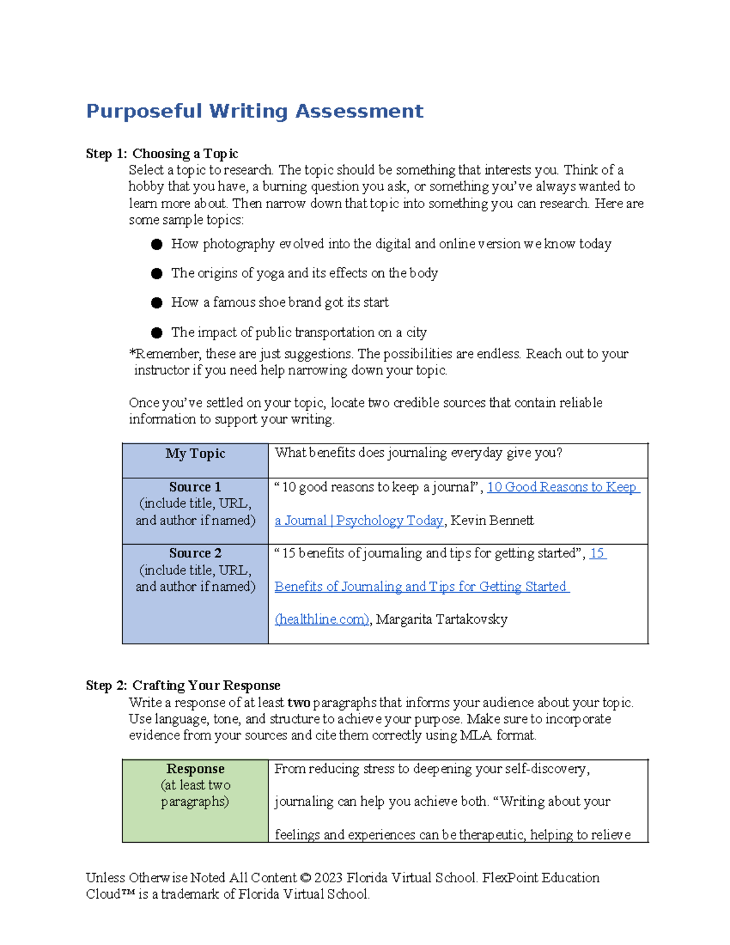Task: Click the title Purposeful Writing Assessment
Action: click(254, 111)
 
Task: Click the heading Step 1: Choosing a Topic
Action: click(162, 153)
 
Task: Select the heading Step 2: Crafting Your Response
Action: click(182, 685)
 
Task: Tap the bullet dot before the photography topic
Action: click(157, 245)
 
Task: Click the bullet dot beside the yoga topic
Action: click(157, 274)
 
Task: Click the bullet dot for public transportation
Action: click(157, 333)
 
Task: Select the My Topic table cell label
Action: click(195, 453)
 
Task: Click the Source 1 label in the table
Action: click(195, 487)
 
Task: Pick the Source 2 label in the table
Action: click(195, 553)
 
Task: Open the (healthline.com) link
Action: click(322, 619)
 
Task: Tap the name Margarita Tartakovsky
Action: click(442, 619)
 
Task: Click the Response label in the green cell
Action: click(195, 769)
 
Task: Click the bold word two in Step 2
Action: click(299, 703)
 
